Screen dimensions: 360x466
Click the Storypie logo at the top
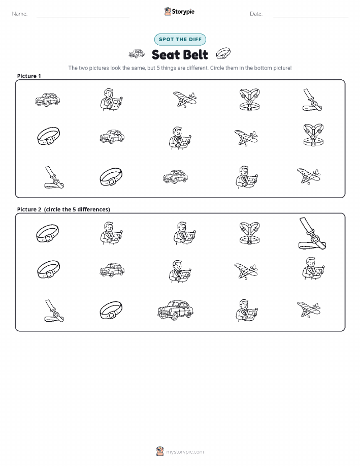(x=179, y=12)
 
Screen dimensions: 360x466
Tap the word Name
(x=19, y=14)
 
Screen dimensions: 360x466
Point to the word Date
(x=256, y=14)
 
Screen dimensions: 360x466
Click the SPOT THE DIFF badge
(x=180, y=39)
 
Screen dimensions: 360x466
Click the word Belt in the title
(x=194, y=55)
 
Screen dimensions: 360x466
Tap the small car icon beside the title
(x=137, y=53)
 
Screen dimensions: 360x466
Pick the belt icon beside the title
(x=223, y=53)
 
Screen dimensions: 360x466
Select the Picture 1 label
(x=29, y=76)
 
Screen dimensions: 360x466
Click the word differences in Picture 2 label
(x=93, y=209)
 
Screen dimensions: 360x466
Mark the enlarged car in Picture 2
(x=175, y=310)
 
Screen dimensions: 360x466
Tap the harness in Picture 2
(x=249, y=233)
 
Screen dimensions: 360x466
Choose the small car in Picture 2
(x=112, y=270)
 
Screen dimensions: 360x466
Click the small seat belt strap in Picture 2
(x=54, y=311)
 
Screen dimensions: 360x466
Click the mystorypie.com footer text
(x=185, y=452)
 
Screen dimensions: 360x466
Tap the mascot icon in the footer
(x=160, y=451)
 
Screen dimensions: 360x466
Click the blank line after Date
(x=311, y=17)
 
